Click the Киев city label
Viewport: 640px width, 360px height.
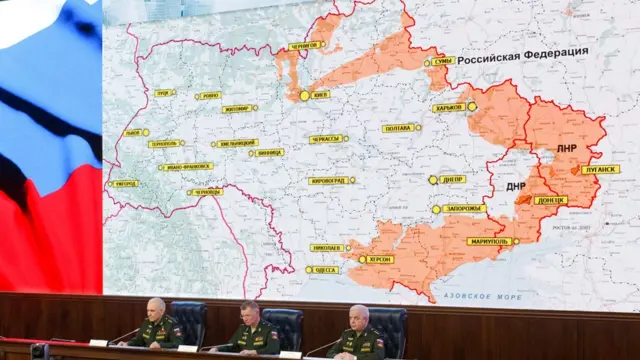tap(321, 95)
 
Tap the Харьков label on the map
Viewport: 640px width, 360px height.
tap(449, 107)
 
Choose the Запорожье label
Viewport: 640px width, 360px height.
tap(463, 209)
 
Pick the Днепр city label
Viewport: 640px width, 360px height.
tap(453, 180)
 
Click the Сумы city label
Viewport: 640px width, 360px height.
tap(442, 61)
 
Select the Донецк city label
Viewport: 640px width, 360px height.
tap(550, 200)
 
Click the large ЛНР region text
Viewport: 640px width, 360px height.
tap(567, 148)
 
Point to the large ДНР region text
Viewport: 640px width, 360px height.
tap(517, 186)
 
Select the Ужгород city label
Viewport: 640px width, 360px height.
tap(124, 183)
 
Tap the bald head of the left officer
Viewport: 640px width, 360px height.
tap(157, 304)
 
